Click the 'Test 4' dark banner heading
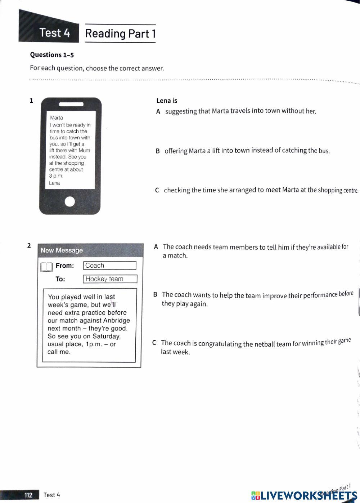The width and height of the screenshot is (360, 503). pyautogui.click(x=55, y=33)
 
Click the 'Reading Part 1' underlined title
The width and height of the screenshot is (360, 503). pyautogui.click(x=120, y=34)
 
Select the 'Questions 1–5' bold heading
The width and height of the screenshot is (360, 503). pyautogui.click(x=52, y=55)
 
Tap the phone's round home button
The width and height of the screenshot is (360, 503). pyautogui.click(x=70, y=201)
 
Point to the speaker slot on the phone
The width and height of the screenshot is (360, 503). pyautogui.click(x=71, y=104)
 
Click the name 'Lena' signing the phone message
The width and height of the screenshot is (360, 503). pyautogui.click(x=54, y=183)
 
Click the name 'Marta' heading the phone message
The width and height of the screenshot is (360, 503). pyautogui.click(x=57, y=118)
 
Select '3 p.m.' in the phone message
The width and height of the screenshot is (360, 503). pyautogui.click(x=56, y=176)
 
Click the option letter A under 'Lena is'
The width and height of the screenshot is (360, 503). pyautogui.click(x=158, y=112)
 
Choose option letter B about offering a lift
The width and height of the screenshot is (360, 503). pyautogui.click(x=158, y=151)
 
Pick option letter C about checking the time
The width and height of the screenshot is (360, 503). pyautogui.click(x=157, y=190)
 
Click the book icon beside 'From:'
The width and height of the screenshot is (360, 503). pyautogui.click(x=47, y=267)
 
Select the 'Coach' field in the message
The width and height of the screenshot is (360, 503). pyautogui.click(x=109, y=266)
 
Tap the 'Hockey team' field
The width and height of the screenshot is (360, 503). pyautogui.click(x=110, y=279)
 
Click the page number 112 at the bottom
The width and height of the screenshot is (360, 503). pyautogui.click(x=28, y=495)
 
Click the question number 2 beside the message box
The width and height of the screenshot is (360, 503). pyautogui.click(x=29, y=246)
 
